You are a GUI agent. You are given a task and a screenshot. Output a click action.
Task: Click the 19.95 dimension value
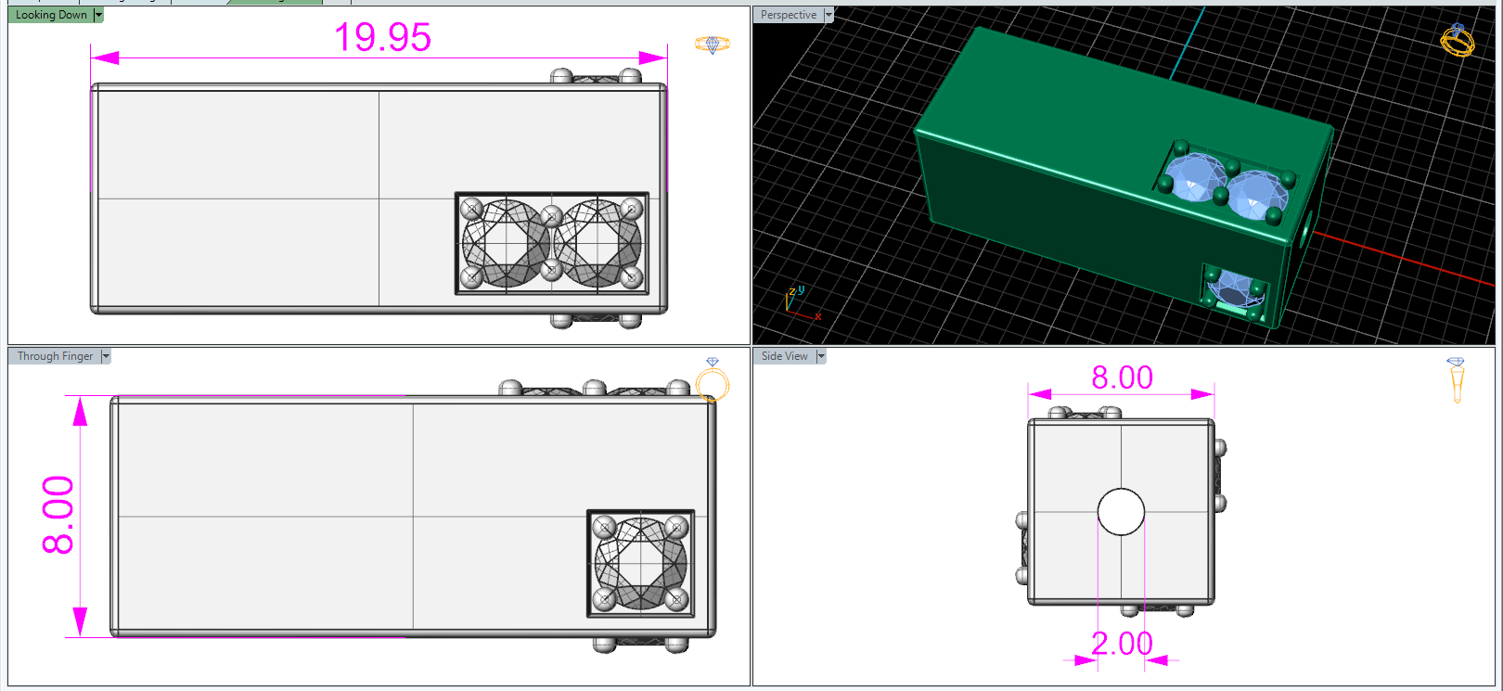pos(382,37)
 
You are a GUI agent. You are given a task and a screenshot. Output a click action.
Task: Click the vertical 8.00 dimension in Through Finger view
pos(58,515)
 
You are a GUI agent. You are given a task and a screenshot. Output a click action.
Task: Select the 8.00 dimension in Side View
pos(1122,377)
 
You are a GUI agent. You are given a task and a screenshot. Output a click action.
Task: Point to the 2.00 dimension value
pos(1122,644)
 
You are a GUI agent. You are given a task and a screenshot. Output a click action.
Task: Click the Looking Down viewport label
pos(51,15)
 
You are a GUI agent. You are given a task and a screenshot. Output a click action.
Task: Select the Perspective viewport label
pos(789,15)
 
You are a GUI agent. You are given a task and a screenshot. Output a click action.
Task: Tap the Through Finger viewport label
pos(55,356)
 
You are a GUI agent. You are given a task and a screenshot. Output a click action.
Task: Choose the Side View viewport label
pos(784,356)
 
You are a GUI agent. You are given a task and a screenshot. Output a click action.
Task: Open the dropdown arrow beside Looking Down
pos(98,15)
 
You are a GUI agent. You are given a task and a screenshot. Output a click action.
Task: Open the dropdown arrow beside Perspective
pos(829,15)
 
